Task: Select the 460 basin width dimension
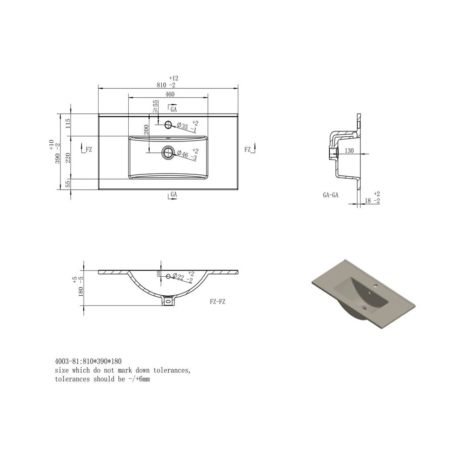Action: pyautogui.click(x=169, y=94)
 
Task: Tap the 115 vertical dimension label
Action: pyautogui.click(x=68, y=124)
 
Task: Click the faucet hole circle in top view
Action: pyautogui.click(x=168, y=124)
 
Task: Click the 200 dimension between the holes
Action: pyautogui.click(x=146, y=129)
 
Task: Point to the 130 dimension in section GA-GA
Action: pyautogui.click(x=350, y=150)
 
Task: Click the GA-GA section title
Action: pyautogui.click(x=330, y=196)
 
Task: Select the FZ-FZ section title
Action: pyautogui.click(x=218, y=301)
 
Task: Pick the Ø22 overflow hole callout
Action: pyautogui.click(x=179, y=276)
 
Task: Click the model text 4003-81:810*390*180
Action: pyautogui.click(x=88, y=361)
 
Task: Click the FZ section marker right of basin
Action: pyautogui.click(x=249, y=149)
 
